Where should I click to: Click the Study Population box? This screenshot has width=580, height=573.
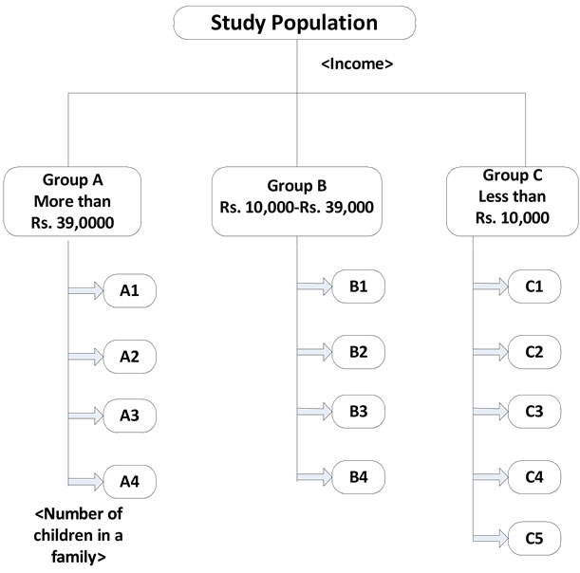tap(294, 23)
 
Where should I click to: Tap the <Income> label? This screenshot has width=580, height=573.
tap(357, 64)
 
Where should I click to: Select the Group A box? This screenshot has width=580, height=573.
tap(72, 201)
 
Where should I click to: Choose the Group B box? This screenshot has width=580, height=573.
tap(297, 201)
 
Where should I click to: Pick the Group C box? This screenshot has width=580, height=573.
tap(513, 201)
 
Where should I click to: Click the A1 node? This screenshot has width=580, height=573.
tap(129, 290)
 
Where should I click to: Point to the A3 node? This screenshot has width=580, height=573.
tap(129, 416)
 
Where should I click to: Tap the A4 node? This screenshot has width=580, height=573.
tap(129, 482)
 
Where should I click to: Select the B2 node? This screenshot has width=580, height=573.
tap(359, 352)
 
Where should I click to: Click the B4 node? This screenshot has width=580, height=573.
tap(359, 477)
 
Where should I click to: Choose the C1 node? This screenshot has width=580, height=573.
tap(534, 286)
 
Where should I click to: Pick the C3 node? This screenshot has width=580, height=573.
tap(534, 412)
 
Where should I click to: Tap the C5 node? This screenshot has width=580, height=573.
tap(534, 538)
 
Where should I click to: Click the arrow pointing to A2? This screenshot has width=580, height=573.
tap(85, 357)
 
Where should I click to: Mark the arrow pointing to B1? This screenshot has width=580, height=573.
tap(315, 286)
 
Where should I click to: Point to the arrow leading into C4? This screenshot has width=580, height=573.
tap(491, 477)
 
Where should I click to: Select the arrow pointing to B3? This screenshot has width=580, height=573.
tap(315, 412)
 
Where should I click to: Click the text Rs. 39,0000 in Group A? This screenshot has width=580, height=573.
tap(72, 223)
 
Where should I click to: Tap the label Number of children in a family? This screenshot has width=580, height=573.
tap(78, 535)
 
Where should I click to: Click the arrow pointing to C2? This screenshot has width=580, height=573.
tap(491, 352)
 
